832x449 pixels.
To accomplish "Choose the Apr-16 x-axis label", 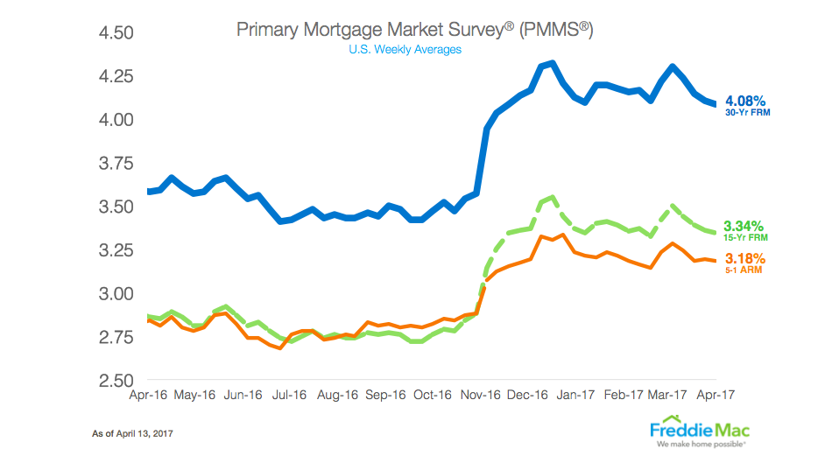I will (149, 396).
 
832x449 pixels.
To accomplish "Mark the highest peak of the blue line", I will (551, 63).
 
